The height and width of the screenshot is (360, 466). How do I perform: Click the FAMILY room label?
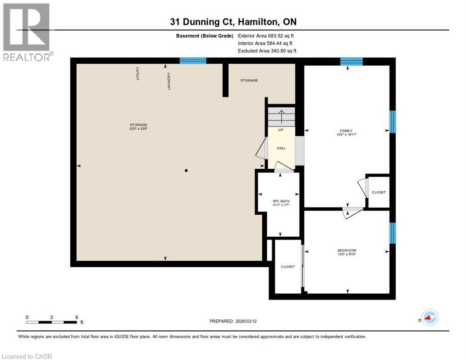pyautogui.click(x=346, y=131)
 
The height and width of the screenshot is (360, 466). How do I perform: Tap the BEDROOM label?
pyautogui.click(x=347, y=250)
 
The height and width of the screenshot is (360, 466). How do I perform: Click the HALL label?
pyautogui.click(x=281, y=148)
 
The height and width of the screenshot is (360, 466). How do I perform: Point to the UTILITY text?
pyautogui.click(x=138, y=74)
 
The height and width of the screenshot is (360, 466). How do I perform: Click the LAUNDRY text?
pyautogui.click(x=168, y=81)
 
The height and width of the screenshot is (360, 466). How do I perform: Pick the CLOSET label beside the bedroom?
pyautogui.click(x=288, y=266)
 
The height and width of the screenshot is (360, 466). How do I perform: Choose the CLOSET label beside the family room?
pyautogui.click(x=378, y=192)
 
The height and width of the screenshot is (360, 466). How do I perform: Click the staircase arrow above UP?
pyautogui.click(x=281, y=115)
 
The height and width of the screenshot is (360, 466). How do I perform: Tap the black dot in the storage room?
pyautogui.click(x=186, y=171)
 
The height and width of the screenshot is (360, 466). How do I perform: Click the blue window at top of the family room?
pyautogui.click(x=351, y=61)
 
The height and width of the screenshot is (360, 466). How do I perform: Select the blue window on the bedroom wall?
pyautogui.click(x=393, y=233)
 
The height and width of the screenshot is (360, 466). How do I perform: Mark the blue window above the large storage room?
pyautogui.click(x=193, y=60)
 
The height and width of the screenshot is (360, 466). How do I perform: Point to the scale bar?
pyautogui.click(x=52, y=322)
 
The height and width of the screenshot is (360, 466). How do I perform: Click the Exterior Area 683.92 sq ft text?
pyautogui.click(x=266, y=36)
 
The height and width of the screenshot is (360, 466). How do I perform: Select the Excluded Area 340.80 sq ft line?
pyautogui.click(x=267, y=51)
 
